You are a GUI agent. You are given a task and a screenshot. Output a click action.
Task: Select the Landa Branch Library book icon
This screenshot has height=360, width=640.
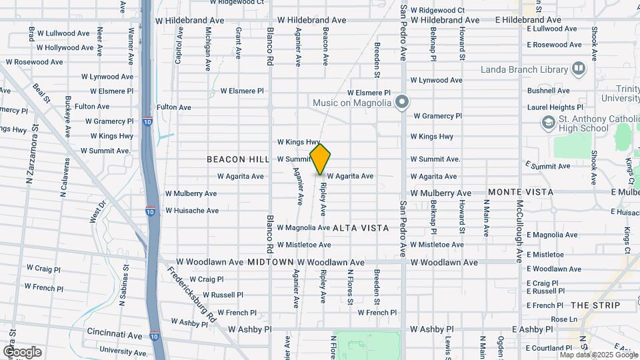tap(579, 69)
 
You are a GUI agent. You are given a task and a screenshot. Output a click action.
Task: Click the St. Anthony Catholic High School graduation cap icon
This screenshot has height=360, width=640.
tap(548, 123)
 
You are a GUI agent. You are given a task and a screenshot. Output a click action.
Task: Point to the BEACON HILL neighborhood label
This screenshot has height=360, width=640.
tap(237, 159)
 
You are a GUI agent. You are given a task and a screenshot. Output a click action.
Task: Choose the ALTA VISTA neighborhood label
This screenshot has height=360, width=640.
tap(360, 228)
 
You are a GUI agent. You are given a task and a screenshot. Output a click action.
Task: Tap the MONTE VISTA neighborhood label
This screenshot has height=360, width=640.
tap(521, 192)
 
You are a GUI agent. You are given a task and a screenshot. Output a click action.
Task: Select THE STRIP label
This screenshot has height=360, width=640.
tap(591, 305)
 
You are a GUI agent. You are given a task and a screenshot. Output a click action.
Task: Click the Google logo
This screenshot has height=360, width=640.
tap(22, 351)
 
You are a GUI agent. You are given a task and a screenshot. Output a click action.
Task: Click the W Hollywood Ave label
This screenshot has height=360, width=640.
tap(65, 48)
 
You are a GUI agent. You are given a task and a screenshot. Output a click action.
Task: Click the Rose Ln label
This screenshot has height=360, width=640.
tap(563, 319)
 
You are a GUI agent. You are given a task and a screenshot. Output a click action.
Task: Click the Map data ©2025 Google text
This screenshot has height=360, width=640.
tap(599, 355)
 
